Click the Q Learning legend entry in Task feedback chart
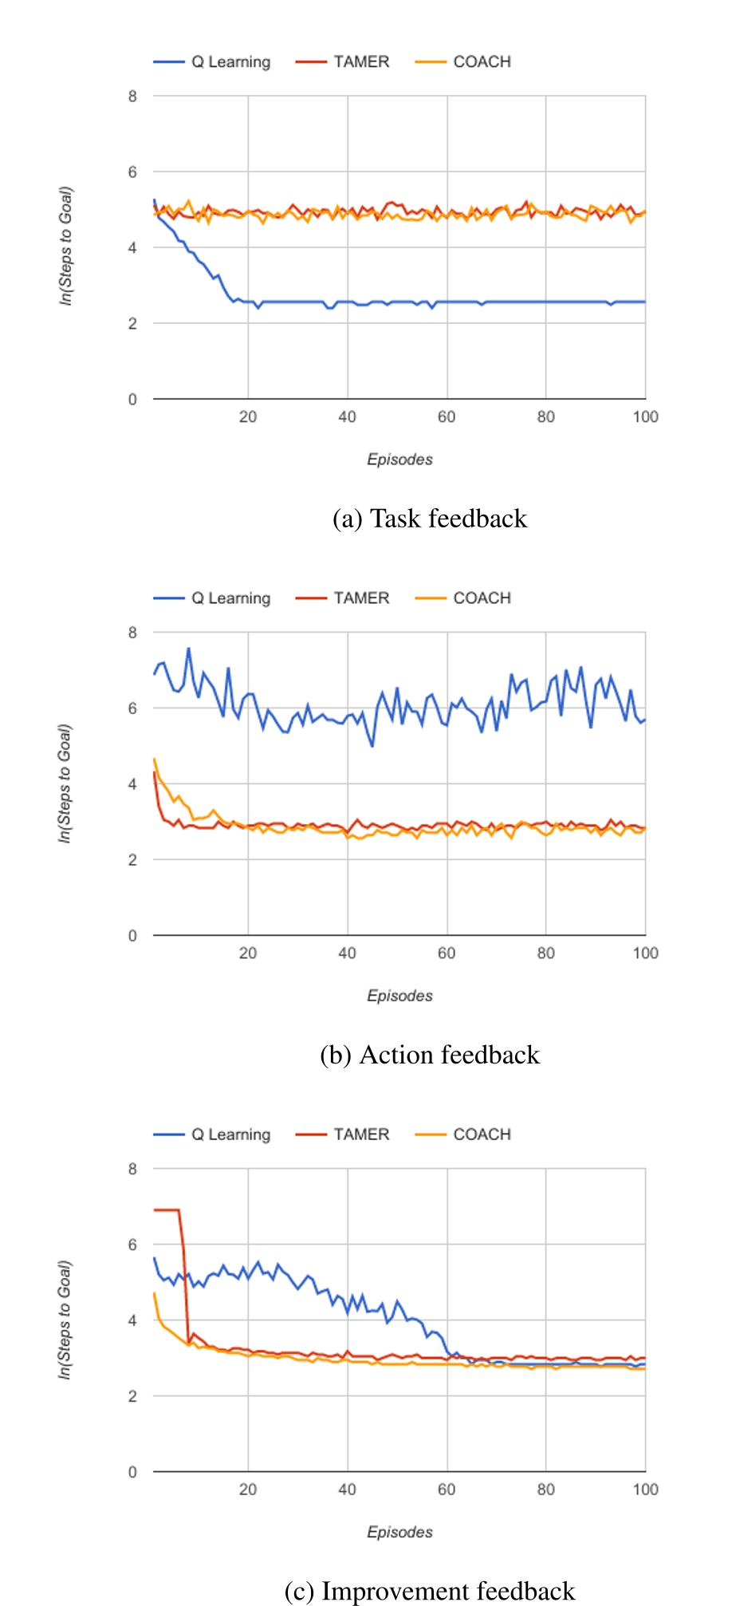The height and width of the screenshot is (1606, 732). pos(230,62)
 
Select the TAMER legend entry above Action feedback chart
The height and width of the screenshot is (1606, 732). pos(360,598)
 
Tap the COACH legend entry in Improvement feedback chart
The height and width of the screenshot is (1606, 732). pos(481,1134)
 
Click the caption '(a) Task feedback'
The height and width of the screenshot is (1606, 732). pos(430,519)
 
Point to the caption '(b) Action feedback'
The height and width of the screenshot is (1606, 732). pos(430,1055)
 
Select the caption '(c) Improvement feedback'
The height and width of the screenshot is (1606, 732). pos(430,1591)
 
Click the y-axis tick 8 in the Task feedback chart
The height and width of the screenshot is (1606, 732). pos(132,97)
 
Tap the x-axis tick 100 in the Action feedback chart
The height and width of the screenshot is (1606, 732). pos(644,953)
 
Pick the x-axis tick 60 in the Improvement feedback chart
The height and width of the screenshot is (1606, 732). pos(447,1489)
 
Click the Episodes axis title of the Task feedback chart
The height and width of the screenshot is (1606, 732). pos(399,460)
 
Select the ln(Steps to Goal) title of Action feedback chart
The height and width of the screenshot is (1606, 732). pos(65,783)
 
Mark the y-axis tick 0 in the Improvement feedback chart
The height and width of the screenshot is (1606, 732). pos(132,1472)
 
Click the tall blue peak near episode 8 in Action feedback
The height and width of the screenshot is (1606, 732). pos(189,649)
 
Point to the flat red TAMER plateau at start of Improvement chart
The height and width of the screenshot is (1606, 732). pos(166,1210)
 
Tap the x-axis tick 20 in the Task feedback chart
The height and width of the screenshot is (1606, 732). pos(248,416)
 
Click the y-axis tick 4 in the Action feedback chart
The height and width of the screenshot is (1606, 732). pos(132,784)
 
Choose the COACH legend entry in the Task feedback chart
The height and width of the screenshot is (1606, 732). pos(481,62)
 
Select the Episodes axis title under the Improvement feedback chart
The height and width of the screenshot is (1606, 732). pos(399,1532)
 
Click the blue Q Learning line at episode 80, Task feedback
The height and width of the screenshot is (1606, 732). pos(545,302)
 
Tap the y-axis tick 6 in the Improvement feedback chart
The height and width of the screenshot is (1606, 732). pos(132,1245)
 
